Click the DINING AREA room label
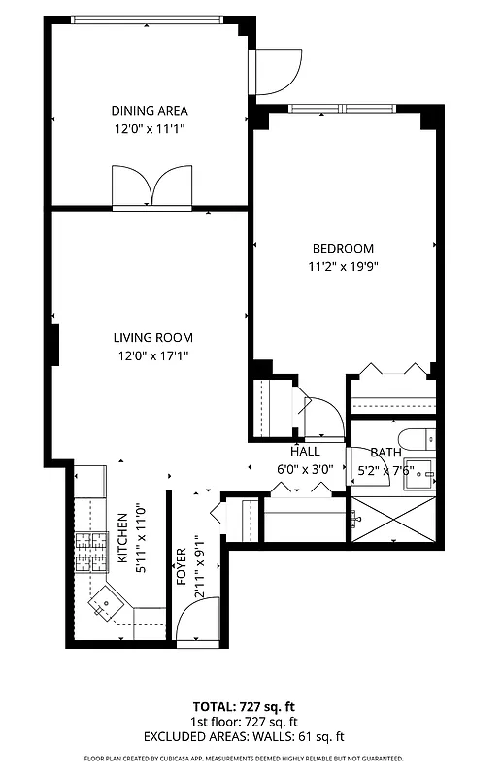click(x=149, y=111)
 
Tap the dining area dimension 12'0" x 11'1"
click(x=149, y=128)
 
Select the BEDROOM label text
click(x=342, y=249)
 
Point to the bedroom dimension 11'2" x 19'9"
click(x=342, y=266)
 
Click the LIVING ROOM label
click(x=152, y=338)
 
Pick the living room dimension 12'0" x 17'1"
click(x=152, y=355)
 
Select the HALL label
click(x=305, y=452)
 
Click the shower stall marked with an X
click(x=392, y=519)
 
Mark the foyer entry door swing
click(x=200, y=622)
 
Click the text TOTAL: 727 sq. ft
click(x=244, y=706)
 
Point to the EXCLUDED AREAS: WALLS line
click(x=244, y=737)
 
